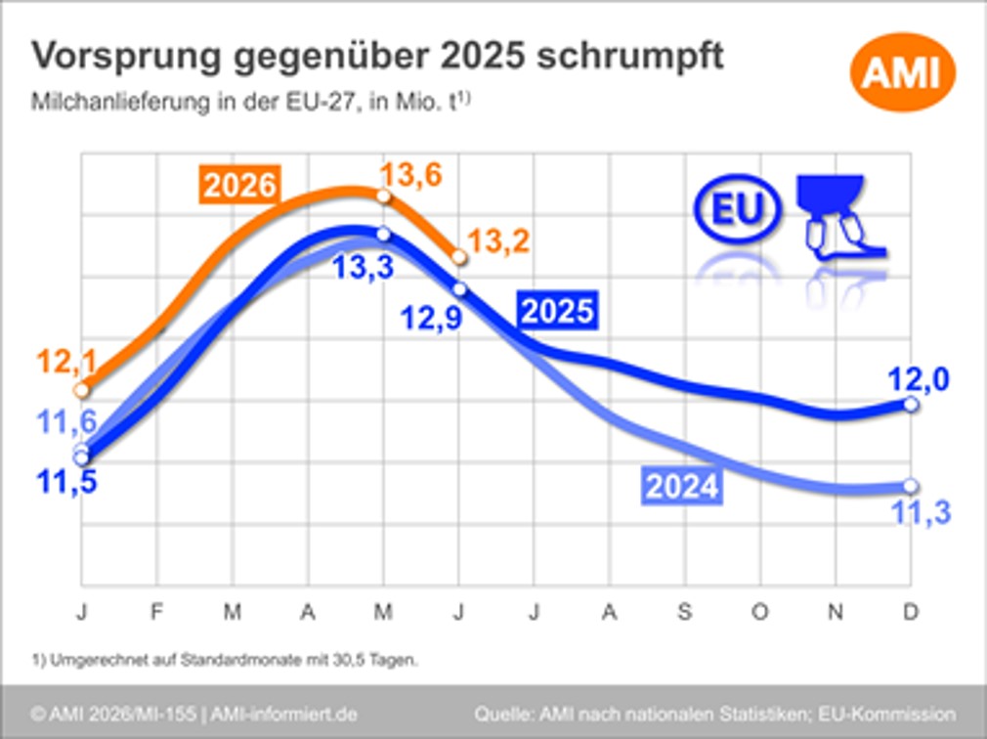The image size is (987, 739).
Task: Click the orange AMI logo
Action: (903, 72)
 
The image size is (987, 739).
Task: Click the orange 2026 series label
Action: (239, 185)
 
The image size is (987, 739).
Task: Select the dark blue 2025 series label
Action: (558, 311)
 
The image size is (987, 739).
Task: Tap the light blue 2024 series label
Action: (682, 486)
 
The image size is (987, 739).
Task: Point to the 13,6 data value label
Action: (411, 174)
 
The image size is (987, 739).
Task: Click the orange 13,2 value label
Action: (498, 241)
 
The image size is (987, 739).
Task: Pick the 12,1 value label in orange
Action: (67, 362)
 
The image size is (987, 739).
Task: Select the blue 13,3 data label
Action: (364, 267)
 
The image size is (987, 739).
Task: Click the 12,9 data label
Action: (431, 318)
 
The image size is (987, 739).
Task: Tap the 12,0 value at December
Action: (919, 379)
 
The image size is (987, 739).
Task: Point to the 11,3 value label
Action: (922, 513)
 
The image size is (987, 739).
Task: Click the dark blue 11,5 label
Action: (66, 482)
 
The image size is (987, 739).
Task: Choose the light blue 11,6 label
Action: (66, 421)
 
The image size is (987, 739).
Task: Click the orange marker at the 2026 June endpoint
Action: (459, 257)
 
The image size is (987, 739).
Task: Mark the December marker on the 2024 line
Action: (911, 486)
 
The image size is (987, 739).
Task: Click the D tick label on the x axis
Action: (911, 611)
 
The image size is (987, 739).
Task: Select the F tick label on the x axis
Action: (156, 611)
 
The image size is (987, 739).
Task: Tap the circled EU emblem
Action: (737, 208)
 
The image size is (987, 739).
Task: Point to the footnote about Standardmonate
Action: (225, 661)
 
